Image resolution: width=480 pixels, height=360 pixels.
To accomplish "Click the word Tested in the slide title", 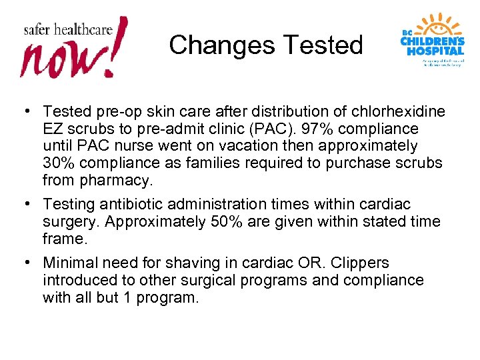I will click(x=323, y=45).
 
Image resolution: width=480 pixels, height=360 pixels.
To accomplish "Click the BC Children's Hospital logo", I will click(x=433, y=39).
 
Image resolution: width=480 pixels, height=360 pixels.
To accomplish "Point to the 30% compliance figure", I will click(x=59, y=163).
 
